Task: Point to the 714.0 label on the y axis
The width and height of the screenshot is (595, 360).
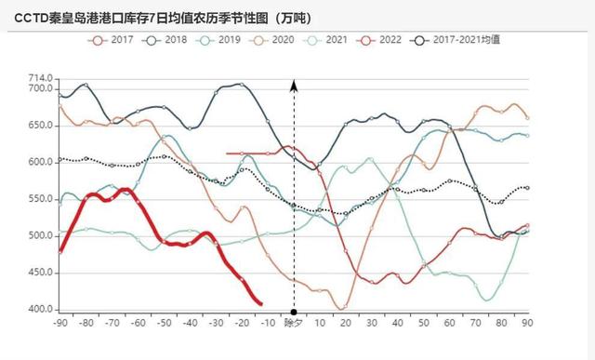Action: point(39,77)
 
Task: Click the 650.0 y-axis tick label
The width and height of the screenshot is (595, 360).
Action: point(39,125)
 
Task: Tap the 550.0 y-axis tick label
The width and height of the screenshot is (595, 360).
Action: point(39,198)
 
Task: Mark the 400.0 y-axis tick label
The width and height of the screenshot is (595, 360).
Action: point(39,309)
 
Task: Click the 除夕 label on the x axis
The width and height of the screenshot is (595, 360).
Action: point(294,323)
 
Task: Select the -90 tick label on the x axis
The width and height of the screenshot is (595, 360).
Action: point(59,323)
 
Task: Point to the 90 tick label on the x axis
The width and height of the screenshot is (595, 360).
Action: point(528,323)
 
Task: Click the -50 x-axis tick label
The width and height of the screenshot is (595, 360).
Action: point(164,323)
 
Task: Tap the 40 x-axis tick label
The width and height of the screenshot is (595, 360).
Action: point(398,323)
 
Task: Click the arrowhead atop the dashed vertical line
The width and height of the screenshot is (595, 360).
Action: point(294,86)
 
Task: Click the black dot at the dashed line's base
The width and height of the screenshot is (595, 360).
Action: point(294,312)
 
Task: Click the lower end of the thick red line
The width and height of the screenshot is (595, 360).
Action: point(260,303)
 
